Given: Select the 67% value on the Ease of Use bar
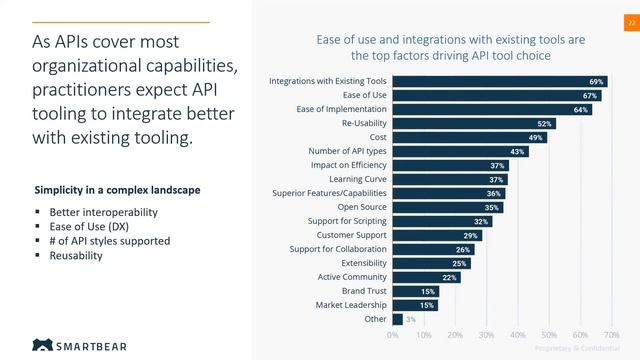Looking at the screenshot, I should coord(591,95).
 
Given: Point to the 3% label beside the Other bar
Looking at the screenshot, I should coord(410,319).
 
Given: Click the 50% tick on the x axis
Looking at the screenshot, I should coord(549,335).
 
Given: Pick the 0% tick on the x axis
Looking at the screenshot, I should coord(393,335).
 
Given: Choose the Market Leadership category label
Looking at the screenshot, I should coord(351,305).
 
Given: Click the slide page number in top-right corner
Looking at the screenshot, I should coord(631,21).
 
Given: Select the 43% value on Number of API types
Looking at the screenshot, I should coord(517,151).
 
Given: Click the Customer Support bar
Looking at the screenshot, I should coord(438,235).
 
